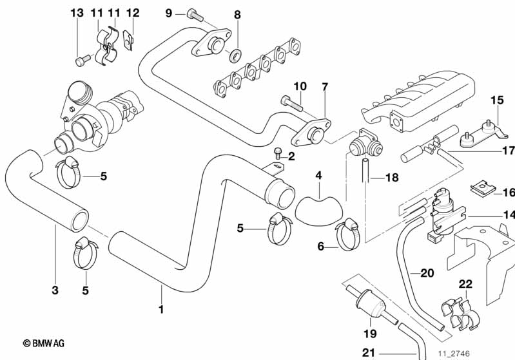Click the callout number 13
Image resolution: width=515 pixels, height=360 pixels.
[77, 13]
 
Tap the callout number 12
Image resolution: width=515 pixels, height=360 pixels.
[133, 13]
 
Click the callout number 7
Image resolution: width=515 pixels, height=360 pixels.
[325, 88]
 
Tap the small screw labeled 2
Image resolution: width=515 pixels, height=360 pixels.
[277, 153]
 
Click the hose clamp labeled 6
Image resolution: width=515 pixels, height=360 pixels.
[347, 235]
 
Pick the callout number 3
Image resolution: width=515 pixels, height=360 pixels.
[55, 290]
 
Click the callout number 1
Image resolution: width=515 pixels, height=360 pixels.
[161, 310]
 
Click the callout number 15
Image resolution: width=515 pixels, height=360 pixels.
[497, 100]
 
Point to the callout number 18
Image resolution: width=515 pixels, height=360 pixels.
[392, 178]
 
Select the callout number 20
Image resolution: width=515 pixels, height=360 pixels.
[427, 273]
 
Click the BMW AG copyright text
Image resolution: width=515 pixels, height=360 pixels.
[44, 344]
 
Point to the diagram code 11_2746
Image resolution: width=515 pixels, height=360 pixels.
[454, 354]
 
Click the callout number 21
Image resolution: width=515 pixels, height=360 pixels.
[368, 353]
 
